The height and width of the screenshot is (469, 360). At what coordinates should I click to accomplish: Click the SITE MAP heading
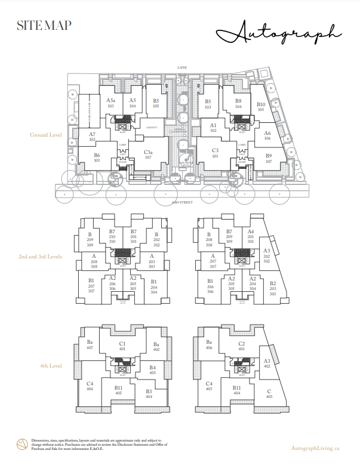point(44,25)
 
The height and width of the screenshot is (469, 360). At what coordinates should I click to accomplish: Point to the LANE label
point(182,68)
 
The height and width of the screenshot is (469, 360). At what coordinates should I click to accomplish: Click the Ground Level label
point(46,135)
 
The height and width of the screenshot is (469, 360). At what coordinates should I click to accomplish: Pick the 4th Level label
point(50,366)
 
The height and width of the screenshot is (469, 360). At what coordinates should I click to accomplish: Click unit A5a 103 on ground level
point(110,103)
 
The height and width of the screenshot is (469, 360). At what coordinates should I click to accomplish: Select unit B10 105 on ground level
point(261,107)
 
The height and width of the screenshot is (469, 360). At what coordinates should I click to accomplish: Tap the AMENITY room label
point(152,127)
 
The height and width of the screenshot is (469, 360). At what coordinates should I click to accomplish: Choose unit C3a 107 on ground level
point(148,155)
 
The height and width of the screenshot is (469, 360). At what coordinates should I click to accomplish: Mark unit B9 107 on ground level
point(269,158)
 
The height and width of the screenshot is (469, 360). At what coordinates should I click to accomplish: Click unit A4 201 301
point(251,236)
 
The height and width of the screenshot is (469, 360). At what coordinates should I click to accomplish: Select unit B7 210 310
point(112,236)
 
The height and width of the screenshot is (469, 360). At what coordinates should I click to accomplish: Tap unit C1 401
point(122,346)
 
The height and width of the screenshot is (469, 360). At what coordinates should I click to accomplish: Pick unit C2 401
point(241,346)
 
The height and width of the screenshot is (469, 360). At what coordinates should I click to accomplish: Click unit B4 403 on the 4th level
point(152,370)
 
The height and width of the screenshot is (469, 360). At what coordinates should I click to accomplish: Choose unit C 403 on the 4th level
point(269,394)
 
